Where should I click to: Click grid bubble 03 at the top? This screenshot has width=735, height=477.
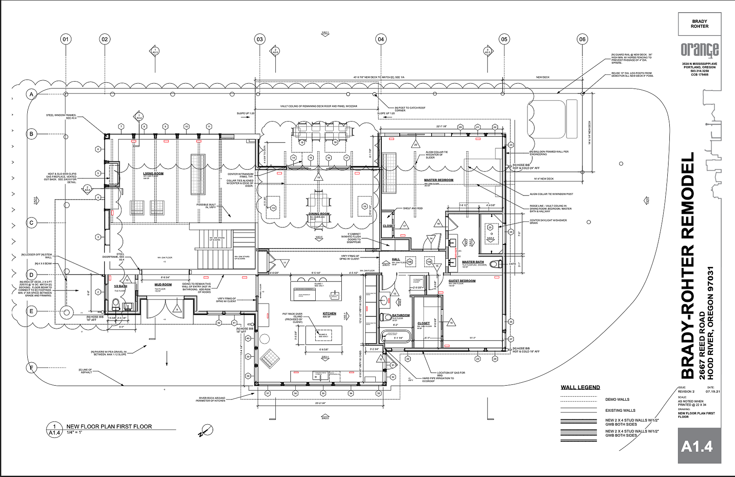[x=260, y=39]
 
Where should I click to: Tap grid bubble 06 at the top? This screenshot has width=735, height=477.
[x=582, y=39]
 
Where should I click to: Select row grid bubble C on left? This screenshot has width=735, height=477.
[x=31, y=223]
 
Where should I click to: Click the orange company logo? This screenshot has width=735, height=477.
[x=700, y=50]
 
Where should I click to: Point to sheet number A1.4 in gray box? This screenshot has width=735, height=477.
[x=697, y=446]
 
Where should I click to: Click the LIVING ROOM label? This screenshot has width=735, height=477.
[x=153, y=173]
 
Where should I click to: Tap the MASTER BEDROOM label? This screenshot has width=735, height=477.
[x=438, y=180]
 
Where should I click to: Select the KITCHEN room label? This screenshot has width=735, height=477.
[x=330, y=313]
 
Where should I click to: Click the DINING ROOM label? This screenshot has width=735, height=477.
[x=319, y=214]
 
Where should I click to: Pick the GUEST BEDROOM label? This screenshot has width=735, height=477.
[x=462, y=281]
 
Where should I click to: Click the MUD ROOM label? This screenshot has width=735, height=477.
[x=163, y=284]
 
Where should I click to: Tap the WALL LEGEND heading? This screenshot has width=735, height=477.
[x=580, y=387]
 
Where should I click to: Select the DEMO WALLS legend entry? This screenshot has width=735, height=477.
[x=617, y=399]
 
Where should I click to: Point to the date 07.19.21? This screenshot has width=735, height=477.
[x=713, y=391]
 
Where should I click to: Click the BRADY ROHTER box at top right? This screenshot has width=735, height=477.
[x=700, y=24]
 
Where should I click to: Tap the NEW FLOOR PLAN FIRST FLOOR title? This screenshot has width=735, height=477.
[x=109, y=426]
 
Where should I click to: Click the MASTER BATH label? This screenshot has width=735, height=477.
[x=473, y=262]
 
